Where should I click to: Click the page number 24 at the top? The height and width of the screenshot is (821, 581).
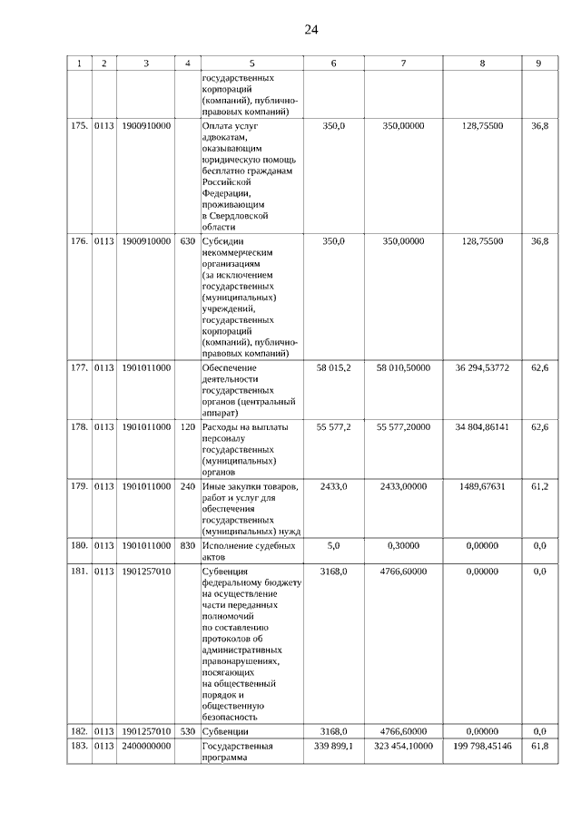click(x=310, y=29)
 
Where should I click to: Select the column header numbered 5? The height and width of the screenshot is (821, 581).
click(x=251, y=64)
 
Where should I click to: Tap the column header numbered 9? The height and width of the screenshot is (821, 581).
click(x=539, y=64)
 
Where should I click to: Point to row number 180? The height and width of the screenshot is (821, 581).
click(x=79, y=546)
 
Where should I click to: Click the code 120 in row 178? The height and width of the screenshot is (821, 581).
click(x=187, y=425)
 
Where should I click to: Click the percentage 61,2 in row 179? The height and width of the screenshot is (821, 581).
click(x=539, y=487)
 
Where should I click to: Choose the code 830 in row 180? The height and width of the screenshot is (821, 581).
click(x=187, y=546)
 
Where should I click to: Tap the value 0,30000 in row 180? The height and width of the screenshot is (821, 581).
click(x=403, y=546)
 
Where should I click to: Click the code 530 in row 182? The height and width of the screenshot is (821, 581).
click(x=187, y=730)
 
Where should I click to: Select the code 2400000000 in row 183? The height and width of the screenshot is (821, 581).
click(x=146, y=746)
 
